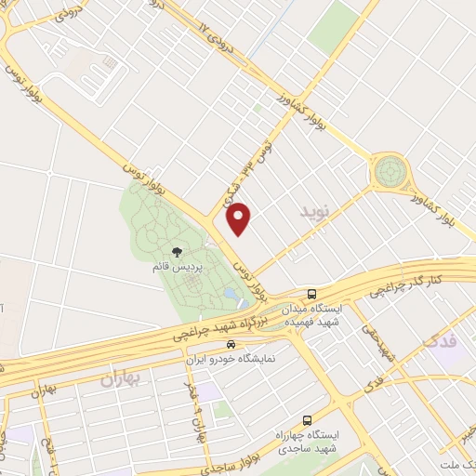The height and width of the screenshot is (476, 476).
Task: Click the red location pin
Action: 240,219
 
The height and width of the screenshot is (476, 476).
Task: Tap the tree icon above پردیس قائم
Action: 177,252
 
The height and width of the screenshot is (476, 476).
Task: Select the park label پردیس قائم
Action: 177,268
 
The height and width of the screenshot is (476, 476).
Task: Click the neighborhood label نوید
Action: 315,213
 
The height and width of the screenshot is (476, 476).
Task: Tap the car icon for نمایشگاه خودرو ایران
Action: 218,345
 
